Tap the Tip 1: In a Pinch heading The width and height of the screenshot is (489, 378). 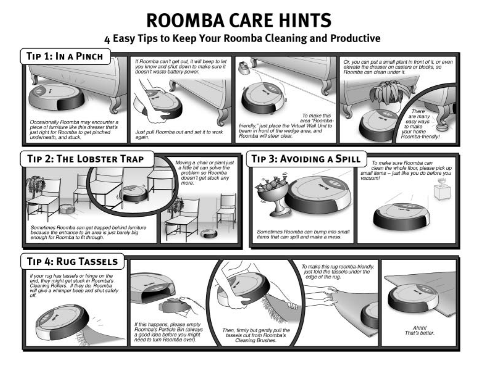[x=65, y=56]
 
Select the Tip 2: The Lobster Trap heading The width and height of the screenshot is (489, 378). [x=86, y=159]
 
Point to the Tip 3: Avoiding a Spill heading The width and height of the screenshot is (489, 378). [x=306, y=159]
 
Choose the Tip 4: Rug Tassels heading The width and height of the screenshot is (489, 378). [x=73, y=261]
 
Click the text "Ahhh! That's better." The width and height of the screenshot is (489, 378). [x=419, y=330]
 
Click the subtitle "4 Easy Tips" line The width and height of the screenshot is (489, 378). [x=242, y=39]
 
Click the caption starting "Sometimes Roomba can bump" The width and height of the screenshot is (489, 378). [x=303, y=234]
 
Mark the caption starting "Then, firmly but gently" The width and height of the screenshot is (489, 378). [x=256, y=335]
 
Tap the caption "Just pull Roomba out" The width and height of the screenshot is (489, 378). [x=179, y=134]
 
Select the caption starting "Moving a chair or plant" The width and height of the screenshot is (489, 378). [x=204, y=172]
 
